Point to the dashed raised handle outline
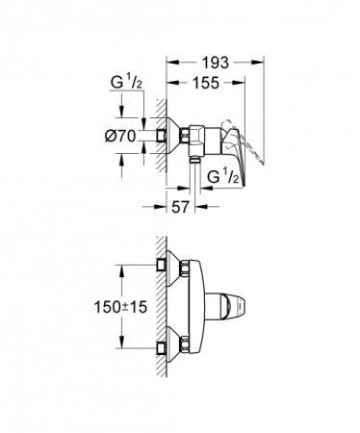252,152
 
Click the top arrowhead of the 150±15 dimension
123,272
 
